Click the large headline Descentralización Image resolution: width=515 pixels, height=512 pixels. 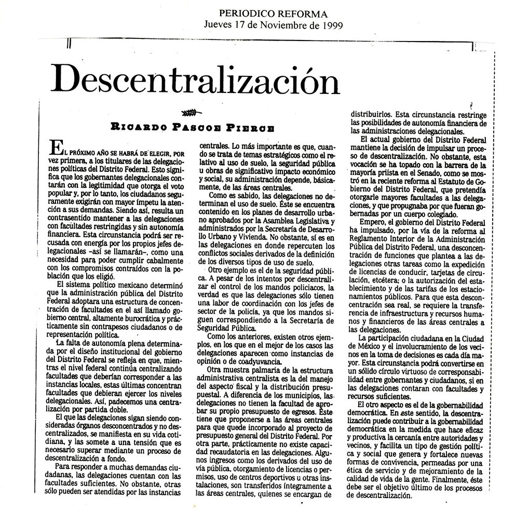[x=197, y=80]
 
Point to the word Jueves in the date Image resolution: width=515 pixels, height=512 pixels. [x=218, y=25]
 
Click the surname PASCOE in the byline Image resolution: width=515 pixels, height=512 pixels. [x=199, y=127]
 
